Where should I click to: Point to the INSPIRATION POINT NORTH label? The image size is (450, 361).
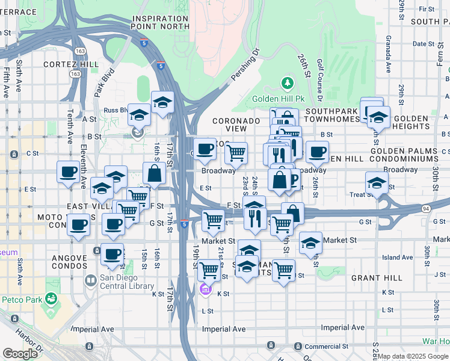tap(161, 22)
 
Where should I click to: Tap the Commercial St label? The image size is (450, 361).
tap(326, 347)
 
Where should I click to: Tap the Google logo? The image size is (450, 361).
tap(20, 353)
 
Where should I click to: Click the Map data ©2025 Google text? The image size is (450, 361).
tap(413, 356)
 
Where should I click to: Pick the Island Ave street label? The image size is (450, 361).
tap(397, 258)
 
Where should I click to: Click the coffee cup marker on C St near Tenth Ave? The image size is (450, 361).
tap(68, 173)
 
